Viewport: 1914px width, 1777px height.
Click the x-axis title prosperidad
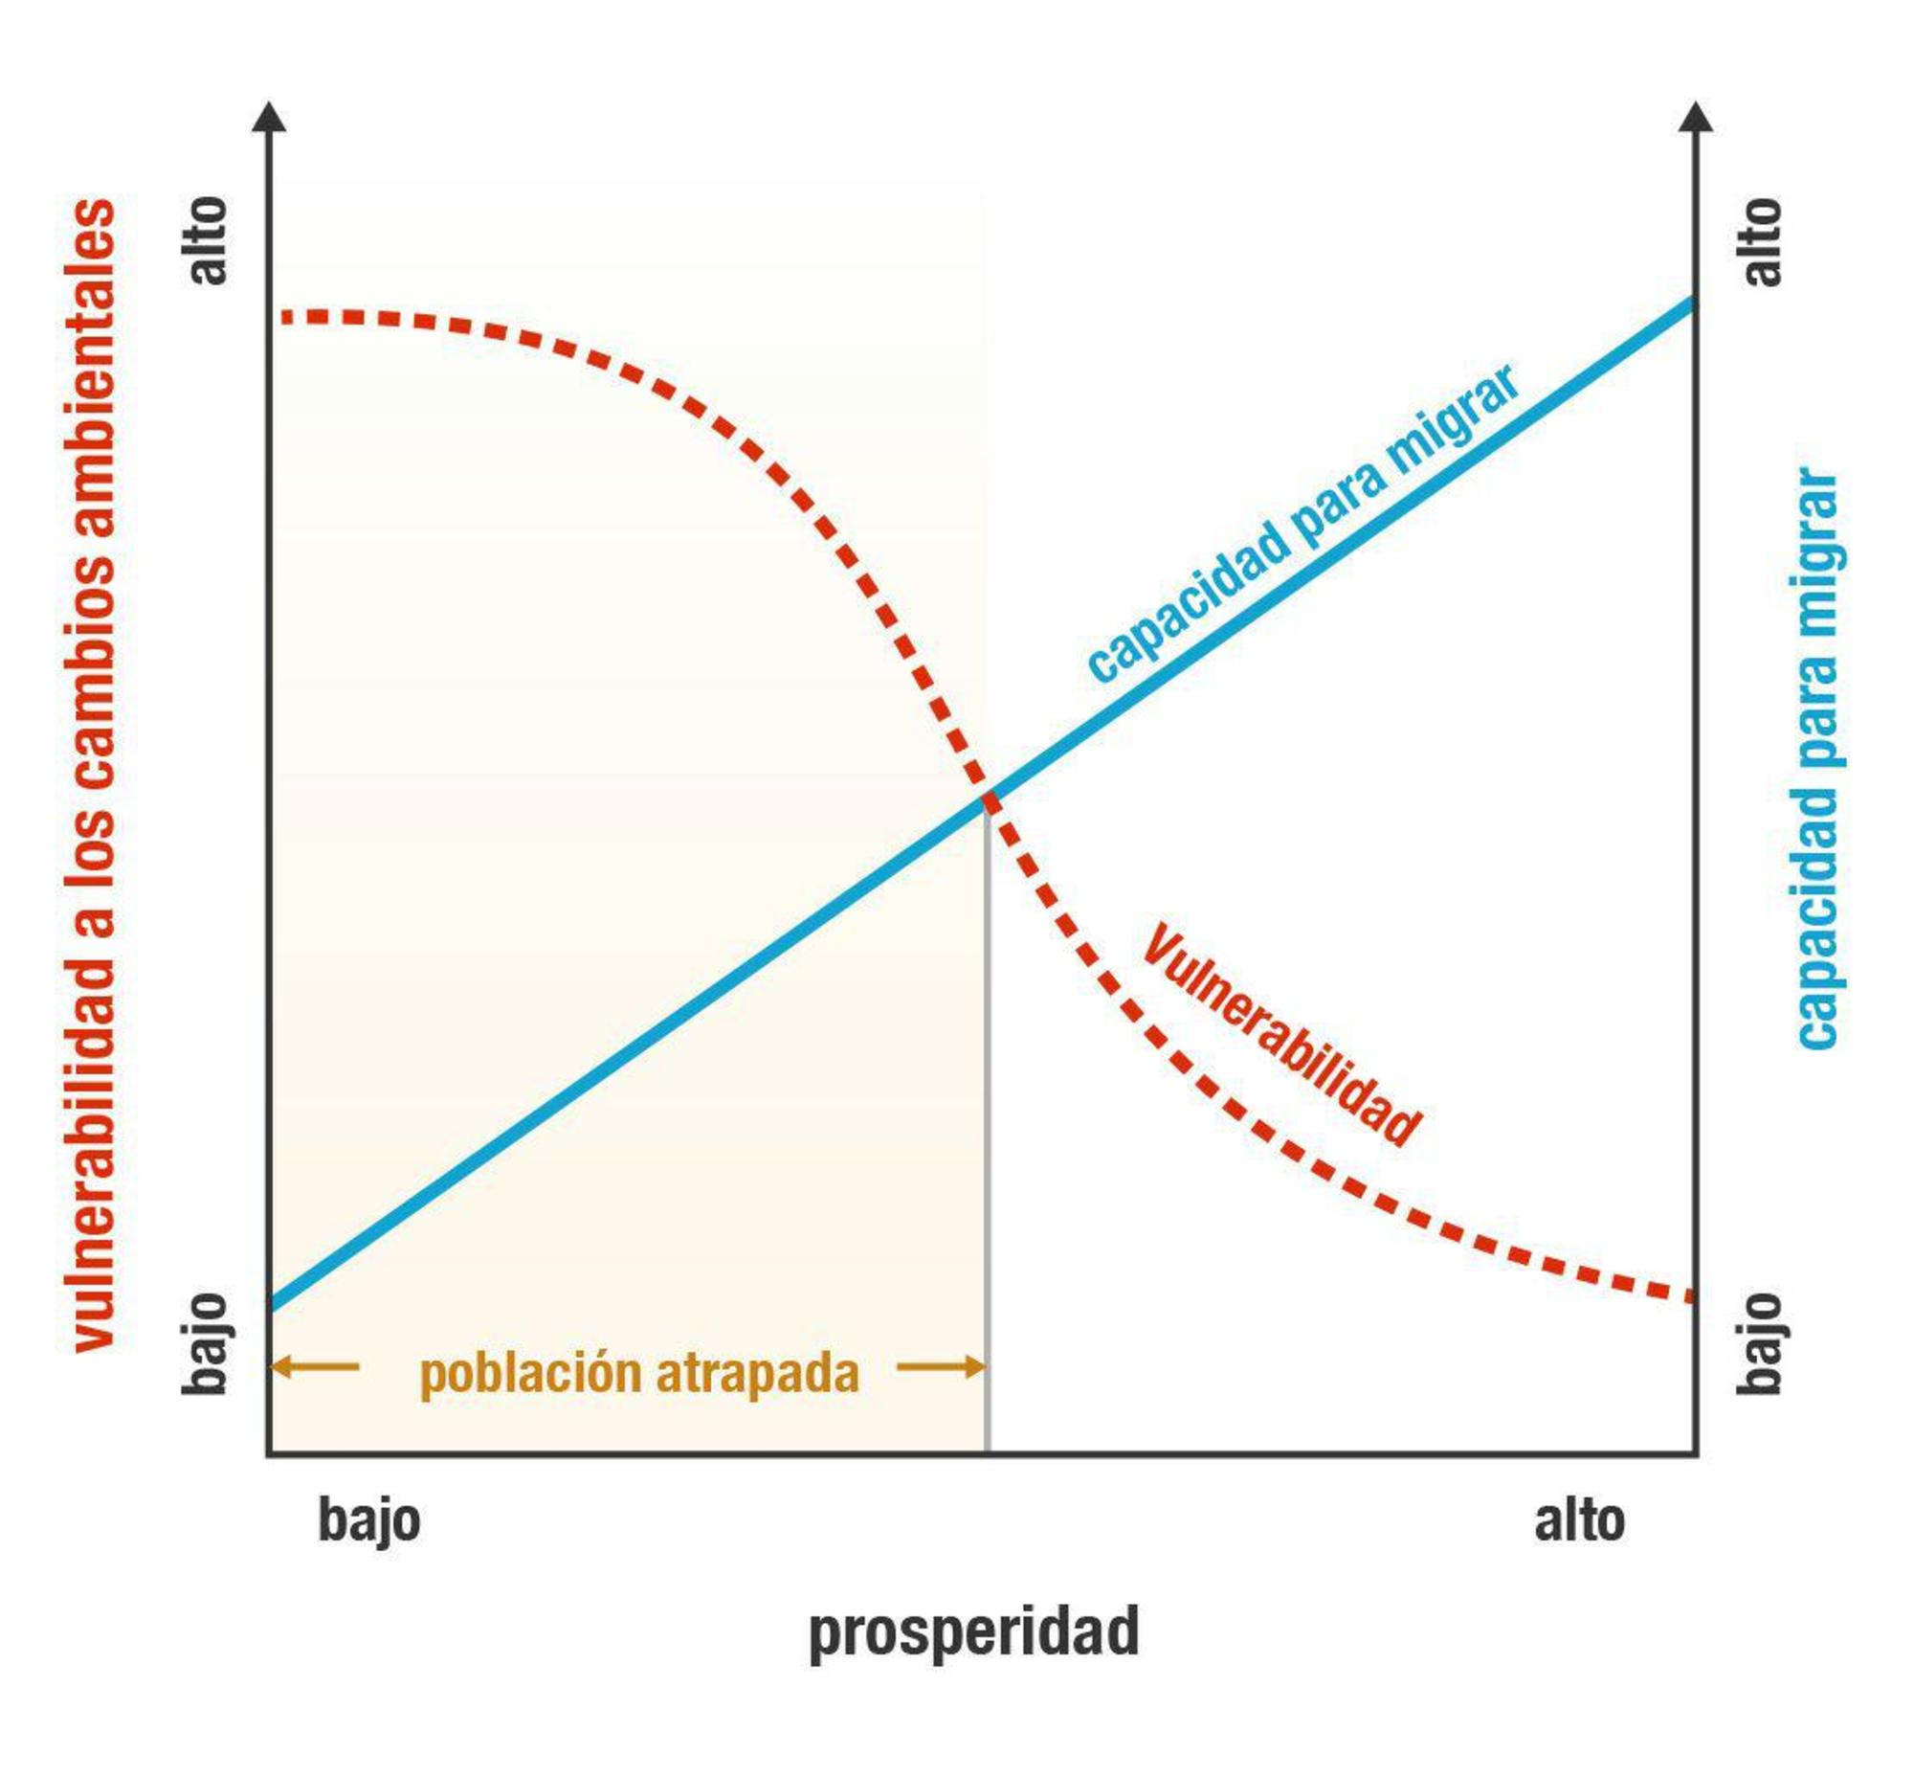(973, 1631)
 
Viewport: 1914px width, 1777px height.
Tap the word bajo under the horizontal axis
(369, 1521)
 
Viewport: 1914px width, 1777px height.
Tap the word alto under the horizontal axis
(1578, 1521)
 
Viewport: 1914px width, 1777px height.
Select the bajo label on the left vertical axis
(205, 1343)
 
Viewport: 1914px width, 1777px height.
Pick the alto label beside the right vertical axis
(1761, 241)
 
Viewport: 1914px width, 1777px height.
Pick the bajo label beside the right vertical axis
(1759, 1343)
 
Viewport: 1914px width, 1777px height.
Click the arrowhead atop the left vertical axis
(269, 117)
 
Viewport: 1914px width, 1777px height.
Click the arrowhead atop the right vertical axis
(1696, 117)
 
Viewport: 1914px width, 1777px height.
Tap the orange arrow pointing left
(313, 1366)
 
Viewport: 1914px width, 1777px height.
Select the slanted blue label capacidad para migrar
(1302, 525)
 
